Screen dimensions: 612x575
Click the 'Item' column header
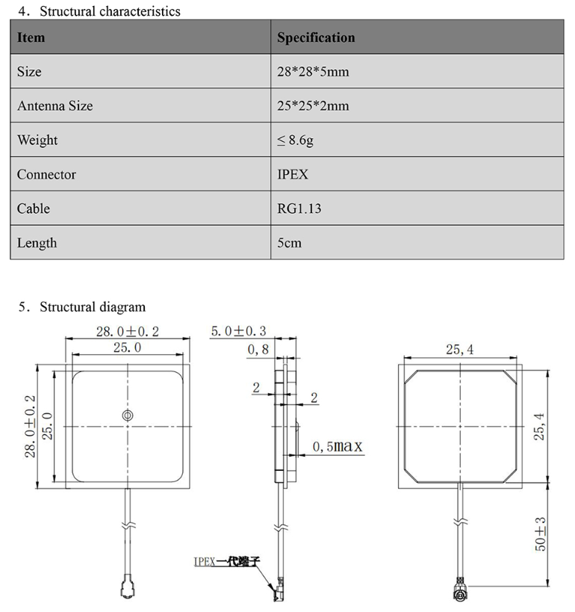31,37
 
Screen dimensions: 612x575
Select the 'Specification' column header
316,37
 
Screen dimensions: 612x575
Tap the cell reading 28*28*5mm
313,72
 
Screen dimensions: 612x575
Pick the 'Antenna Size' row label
55,106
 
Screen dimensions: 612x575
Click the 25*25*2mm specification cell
313,106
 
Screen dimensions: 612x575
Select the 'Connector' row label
46,175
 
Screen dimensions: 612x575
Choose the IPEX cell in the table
292,175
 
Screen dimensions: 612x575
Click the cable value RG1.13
299,208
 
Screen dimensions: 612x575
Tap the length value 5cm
289,243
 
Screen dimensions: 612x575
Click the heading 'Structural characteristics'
109,11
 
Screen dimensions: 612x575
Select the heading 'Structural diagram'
92,306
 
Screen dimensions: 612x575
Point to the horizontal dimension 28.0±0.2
127,331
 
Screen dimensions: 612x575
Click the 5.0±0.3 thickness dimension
239,331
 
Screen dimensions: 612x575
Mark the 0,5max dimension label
337,447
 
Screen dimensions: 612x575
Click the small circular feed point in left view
127,415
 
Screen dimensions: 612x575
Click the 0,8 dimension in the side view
258,350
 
